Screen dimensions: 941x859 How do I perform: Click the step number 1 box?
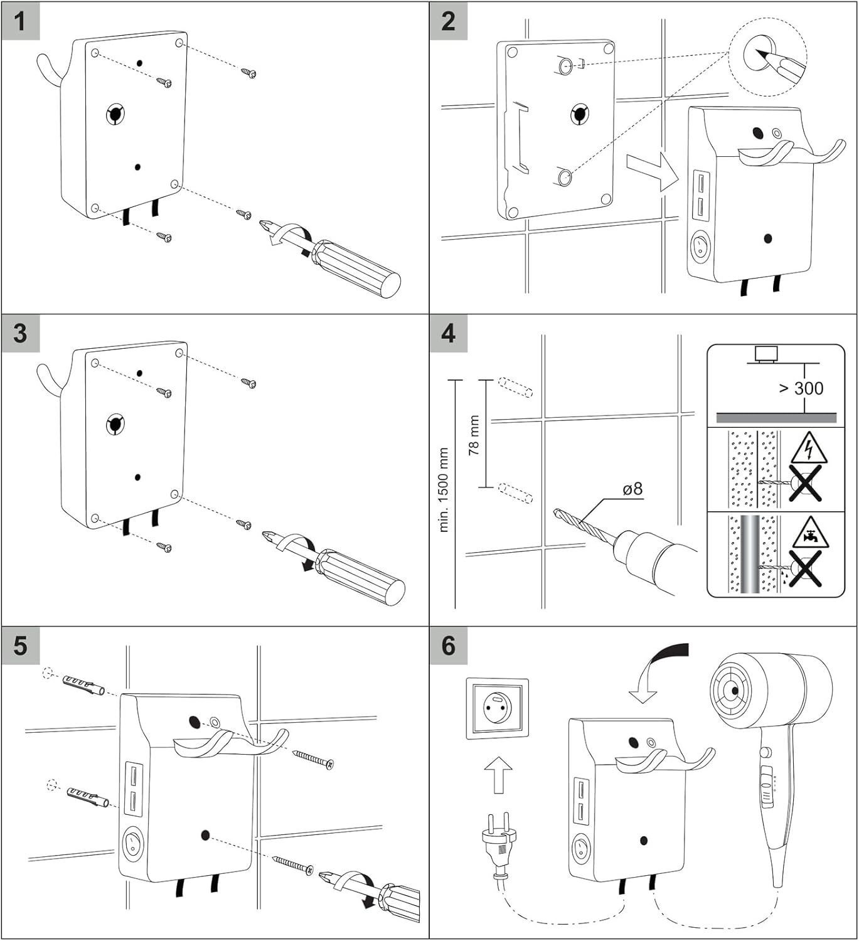tap(20, 21)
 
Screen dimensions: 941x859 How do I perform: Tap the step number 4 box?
tap(448, 333)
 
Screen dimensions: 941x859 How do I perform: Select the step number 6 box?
tap(448, 646)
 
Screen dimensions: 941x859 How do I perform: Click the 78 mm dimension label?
tap(474, 435)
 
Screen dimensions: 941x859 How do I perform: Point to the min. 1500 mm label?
tap(444, 490)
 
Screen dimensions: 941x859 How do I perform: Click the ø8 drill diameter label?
tap(632, 489)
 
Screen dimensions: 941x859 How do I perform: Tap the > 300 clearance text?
tap(801, 388)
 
